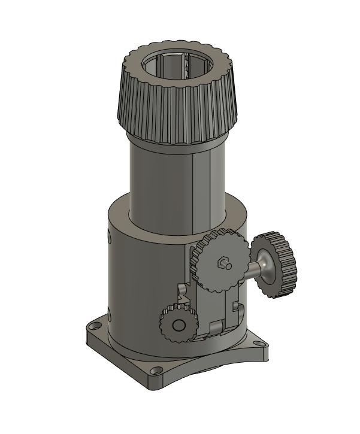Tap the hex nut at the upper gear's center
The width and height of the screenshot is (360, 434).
[223, 263]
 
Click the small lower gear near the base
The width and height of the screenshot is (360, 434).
[178, 324]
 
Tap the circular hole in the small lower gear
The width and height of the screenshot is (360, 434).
[178, 324]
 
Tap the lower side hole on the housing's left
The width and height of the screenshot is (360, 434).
[110, 313]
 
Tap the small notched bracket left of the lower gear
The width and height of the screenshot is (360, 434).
[183, 293]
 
